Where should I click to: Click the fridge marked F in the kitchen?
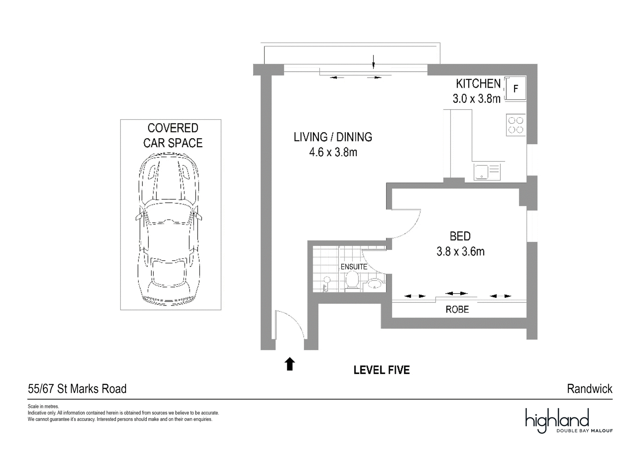pos(516,88)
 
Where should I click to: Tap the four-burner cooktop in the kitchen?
pos(516,125)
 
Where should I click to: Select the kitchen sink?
pos(487,172)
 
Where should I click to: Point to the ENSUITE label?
pos(354,267)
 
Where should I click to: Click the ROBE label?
pos(457,309)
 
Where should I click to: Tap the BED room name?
pos(460,236)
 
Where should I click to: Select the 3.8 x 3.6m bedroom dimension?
pos(460,252)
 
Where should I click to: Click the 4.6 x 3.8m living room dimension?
pos(333,152)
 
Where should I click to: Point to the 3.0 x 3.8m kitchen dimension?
pos(476,99)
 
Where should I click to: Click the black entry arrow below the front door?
pos(290,364)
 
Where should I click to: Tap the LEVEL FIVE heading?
pos(382,370)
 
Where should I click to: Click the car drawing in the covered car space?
pos(169,229)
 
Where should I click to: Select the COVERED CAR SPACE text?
pos(173,135)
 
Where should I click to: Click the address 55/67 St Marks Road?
pos(77,389)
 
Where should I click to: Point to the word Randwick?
pos(590,389)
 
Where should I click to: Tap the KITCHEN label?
pos(478,84)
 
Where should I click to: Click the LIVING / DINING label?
pos(333,137)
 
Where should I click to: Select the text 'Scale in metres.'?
pos(44,407)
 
